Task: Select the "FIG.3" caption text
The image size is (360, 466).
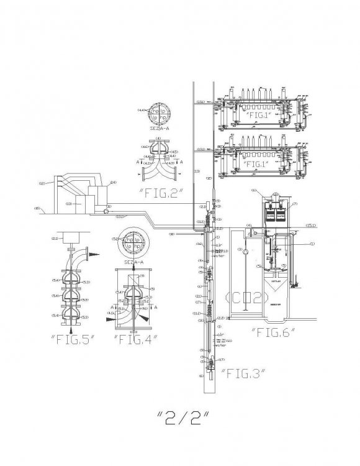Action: [x=243, y=373]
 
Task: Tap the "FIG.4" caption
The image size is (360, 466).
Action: [x=135, y=339]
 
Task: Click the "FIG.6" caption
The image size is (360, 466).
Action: [x=272, y=332]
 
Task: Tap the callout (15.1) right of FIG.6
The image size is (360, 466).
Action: [x=312, y=226]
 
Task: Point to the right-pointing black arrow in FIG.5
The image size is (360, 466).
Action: [x=88, y=252]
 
